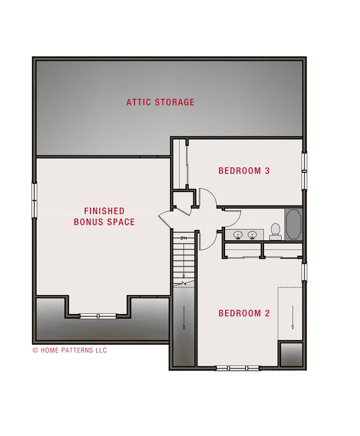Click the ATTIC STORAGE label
(160, 102)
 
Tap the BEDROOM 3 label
(244, 171)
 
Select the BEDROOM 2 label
(244, 313)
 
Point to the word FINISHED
(104, 211)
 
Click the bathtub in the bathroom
(294, 225)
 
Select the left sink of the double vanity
(238, 235)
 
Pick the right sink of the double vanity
(253, 235)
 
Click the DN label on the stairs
(184, 238)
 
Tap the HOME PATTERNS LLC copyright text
(70, 350)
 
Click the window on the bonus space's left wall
(34, 201)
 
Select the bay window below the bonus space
(97, 316)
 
